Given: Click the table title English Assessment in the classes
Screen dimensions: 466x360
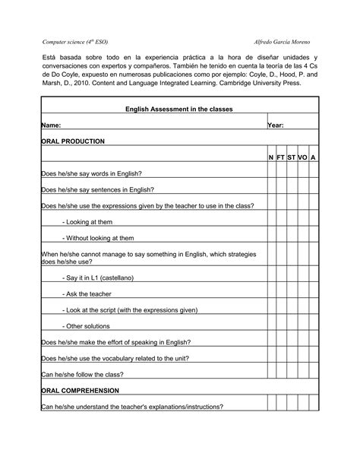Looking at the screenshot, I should point(179,109).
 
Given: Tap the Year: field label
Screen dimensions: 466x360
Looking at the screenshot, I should point(276,125).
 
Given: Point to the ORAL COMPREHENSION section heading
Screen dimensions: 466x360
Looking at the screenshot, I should point(80,391).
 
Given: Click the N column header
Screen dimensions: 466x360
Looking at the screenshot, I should point(271,157).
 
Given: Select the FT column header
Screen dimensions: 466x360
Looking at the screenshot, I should point(281,157).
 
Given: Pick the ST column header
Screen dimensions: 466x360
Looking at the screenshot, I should point(292,157).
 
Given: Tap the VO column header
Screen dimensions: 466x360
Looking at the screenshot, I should point(302,157).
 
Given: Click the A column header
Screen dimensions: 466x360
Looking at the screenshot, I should point(313,157).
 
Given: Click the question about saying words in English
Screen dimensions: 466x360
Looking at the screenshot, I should point(92,174).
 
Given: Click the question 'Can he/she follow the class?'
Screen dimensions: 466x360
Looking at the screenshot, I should point(82,375).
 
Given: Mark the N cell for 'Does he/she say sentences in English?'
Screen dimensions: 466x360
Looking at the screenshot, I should point(271,190).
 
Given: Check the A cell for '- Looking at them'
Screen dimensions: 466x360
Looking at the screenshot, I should point(313,222).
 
